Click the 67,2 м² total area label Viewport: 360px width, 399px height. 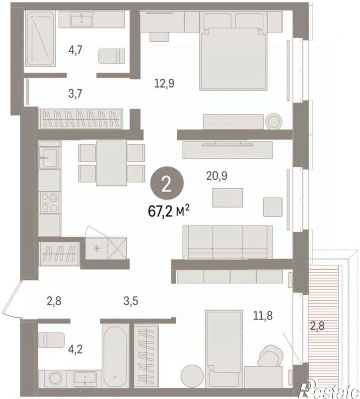(169, 211)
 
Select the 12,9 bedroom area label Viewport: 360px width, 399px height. (164, 83)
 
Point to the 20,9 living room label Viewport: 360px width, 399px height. (216, 176)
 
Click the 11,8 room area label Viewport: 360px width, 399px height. (263, 316)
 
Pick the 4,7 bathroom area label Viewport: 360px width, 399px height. (75, 51)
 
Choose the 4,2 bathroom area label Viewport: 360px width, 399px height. (75, 350)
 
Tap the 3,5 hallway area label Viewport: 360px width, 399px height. (131, 301)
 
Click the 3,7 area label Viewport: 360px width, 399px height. (75, 94)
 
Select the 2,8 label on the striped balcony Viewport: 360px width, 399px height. (317, 326)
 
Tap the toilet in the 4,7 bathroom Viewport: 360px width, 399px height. (112, 56)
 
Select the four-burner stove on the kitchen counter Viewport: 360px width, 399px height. (50, 202)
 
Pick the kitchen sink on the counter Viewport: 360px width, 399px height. (49, 158)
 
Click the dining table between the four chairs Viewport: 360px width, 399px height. (112, 163)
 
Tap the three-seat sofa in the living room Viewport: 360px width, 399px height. (227, 242)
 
